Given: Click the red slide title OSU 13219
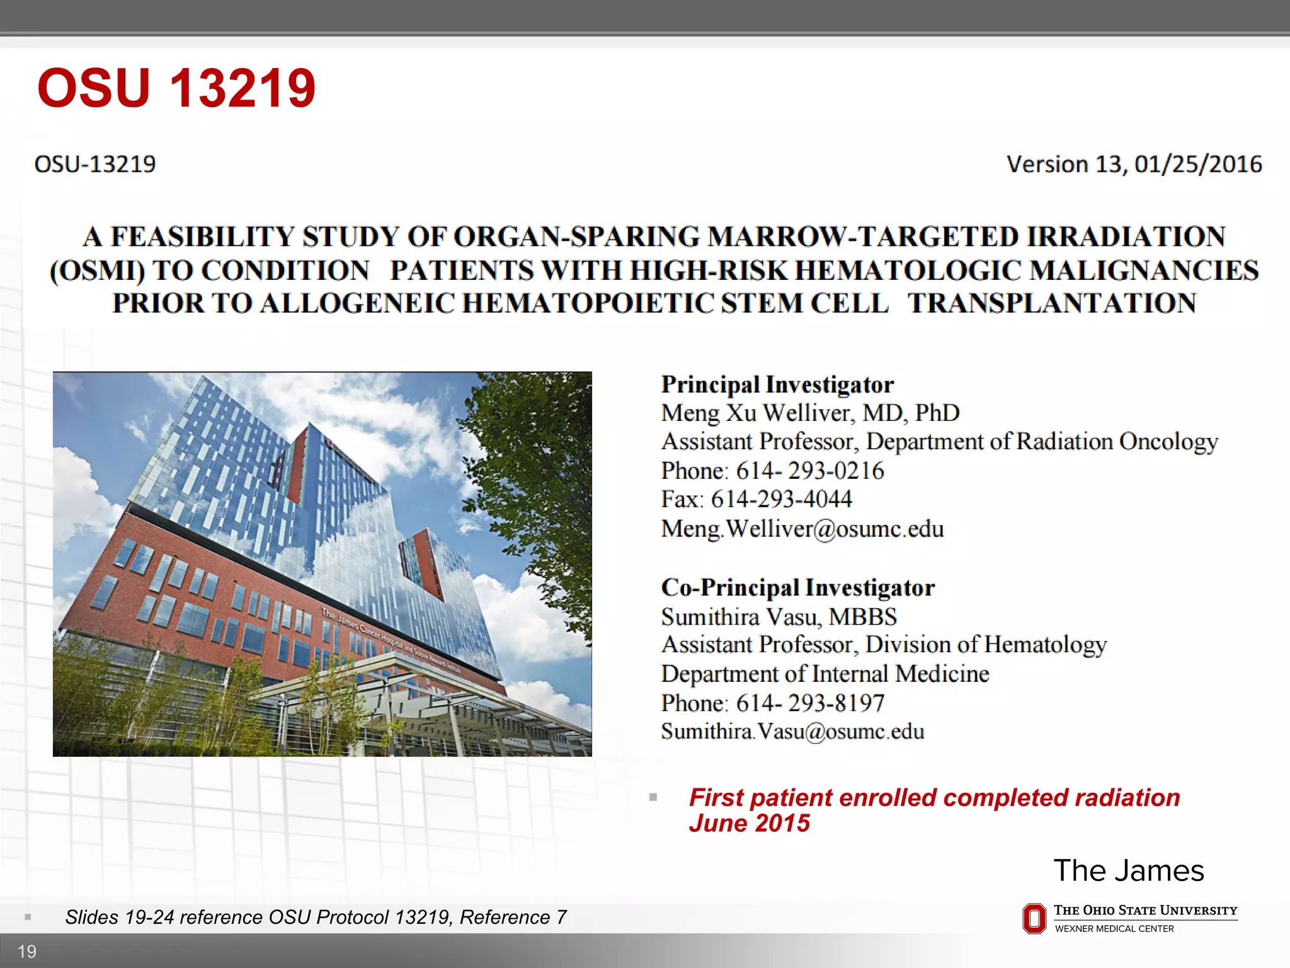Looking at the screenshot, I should click(176, 88).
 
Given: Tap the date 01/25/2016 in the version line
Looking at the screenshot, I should click(1198, 164).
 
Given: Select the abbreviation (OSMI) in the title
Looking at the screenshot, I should click(97, 271).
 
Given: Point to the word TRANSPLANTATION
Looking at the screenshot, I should click(1052, 304).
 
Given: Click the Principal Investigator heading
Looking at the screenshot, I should click(777, 384).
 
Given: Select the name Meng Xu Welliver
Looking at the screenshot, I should click(758, 413).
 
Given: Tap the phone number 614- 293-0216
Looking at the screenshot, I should click(810, 471).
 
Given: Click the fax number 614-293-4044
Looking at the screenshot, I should click(781, 500).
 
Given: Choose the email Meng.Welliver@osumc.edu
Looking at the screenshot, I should click(802, 529).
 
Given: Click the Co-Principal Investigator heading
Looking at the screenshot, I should click(797, 587).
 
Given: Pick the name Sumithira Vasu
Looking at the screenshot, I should click(741, 616).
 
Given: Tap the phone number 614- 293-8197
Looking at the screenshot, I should click(810, 703).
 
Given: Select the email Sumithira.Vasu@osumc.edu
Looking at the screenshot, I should click(792, 732).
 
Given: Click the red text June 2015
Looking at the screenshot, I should click(749, 824).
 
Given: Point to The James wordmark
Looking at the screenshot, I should click(1129, 871).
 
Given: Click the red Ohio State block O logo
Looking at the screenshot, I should click(1034, 919).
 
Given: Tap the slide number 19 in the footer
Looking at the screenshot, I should click(27, 952).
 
